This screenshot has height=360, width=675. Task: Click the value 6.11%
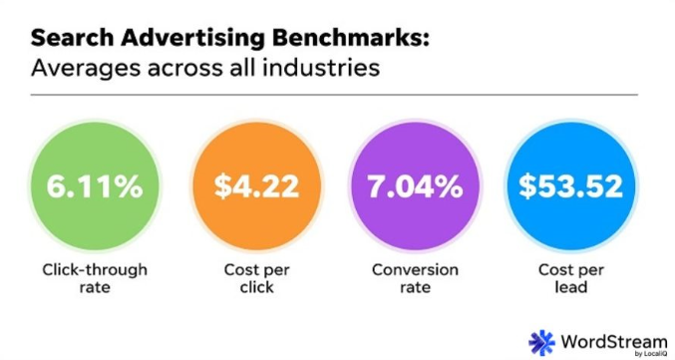click(96, 186)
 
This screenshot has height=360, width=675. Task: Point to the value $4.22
click(254, 186)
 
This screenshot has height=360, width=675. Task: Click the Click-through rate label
click(96, 280)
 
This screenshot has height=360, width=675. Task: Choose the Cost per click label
click(254, 280)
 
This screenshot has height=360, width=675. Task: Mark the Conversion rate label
click(415, 280)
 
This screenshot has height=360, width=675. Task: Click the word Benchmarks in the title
click(334, 39)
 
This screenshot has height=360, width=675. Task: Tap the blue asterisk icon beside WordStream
click(542, 340)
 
